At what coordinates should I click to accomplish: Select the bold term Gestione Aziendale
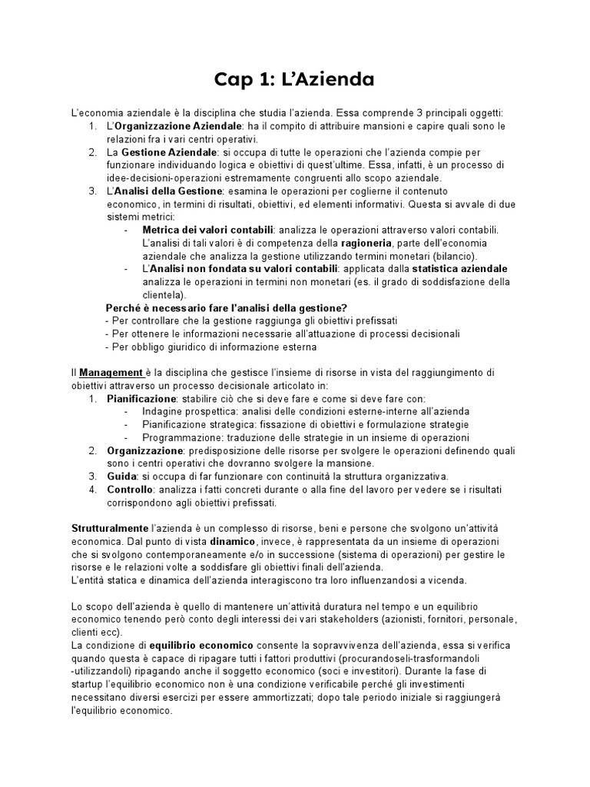(x=159, y=152)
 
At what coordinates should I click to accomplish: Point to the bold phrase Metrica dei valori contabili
(x=207, y=230)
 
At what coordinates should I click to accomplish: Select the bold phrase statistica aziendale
(x=459, y=269)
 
